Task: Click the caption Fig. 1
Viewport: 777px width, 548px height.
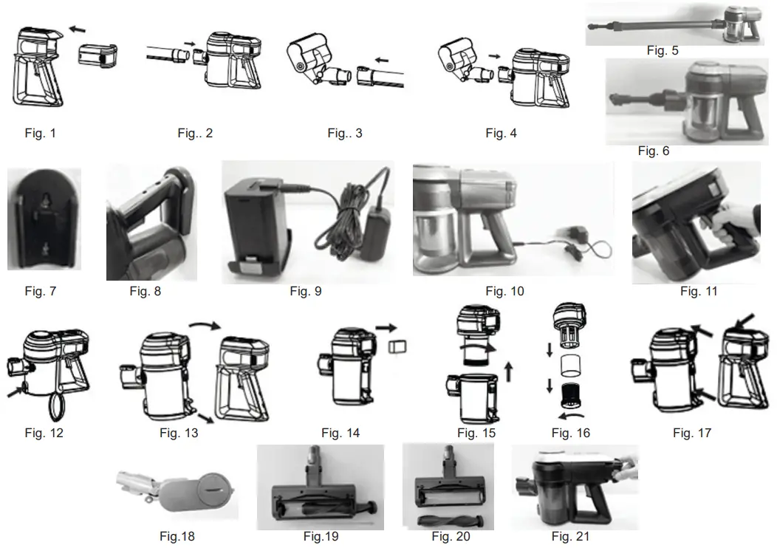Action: point(41,134)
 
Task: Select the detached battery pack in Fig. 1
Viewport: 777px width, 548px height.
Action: point(97,55)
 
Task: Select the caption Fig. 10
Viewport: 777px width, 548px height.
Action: point(506,291)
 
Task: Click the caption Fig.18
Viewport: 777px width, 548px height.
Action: point(177,536)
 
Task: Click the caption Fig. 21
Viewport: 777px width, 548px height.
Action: point(571,536)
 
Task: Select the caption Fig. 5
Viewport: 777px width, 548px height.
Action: point(662,51)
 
